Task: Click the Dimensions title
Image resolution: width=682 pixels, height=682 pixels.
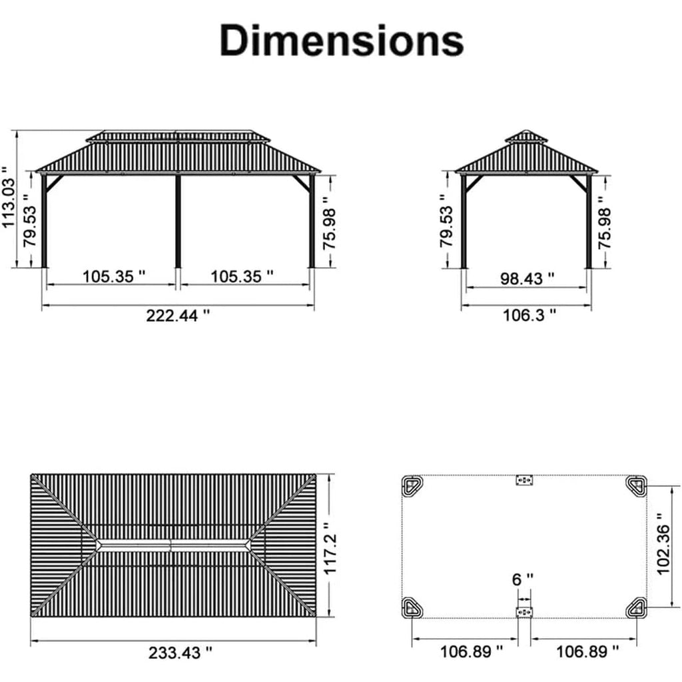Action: [x=342, y=40]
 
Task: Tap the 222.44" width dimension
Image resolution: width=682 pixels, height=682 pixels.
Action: [x=178, y=315]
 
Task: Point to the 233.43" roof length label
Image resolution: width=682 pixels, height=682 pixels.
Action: [x=180, y=653]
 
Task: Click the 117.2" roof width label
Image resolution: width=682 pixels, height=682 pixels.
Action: [x=330, y=549]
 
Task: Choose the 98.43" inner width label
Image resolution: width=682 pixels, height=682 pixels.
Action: [x=527, y=278]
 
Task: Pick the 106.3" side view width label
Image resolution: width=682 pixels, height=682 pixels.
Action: [x=529, y=315]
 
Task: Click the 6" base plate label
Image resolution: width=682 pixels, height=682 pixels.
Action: [x=522, y=579]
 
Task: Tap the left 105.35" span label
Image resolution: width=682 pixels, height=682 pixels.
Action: [x=114, y=276]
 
